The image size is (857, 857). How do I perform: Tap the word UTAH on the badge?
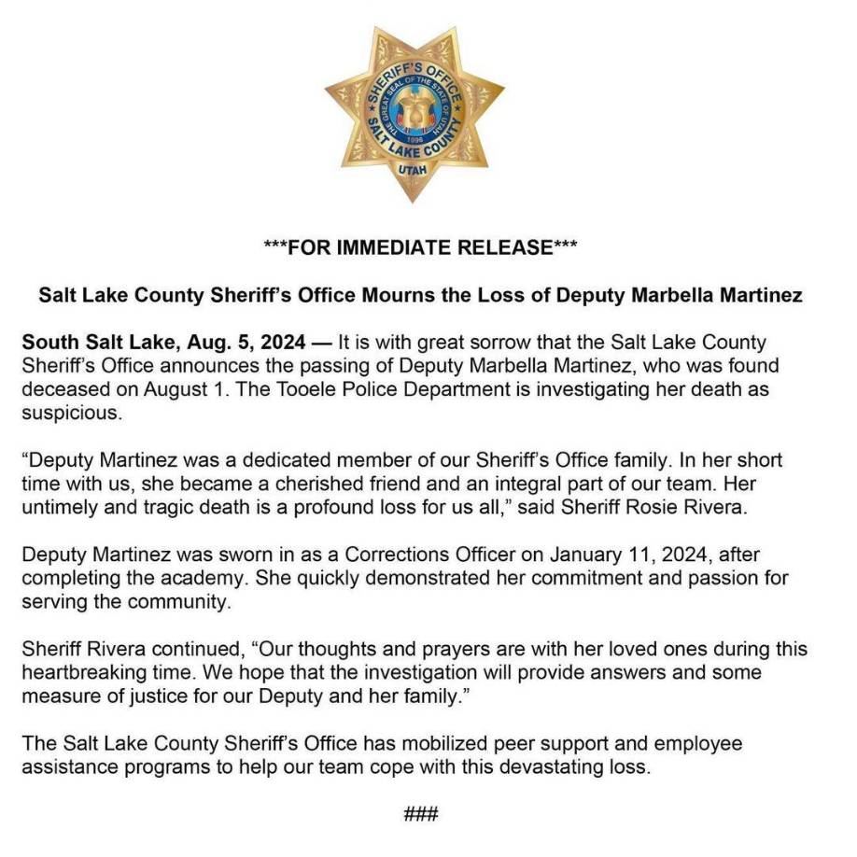tap(414, 170)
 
